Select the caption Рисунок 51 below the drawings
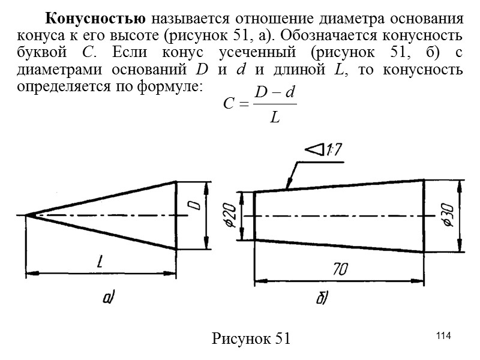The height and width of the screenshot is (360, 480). point(251,338)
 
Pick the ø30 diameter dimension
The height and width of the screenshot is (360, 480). point(447,217)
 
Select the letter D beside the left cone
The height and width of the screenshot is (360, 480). point(195,206)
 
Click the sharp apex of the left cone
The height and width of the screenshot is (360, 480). point(26,215)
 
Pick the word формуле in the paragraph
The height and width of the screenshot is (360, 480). point(170,86)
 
